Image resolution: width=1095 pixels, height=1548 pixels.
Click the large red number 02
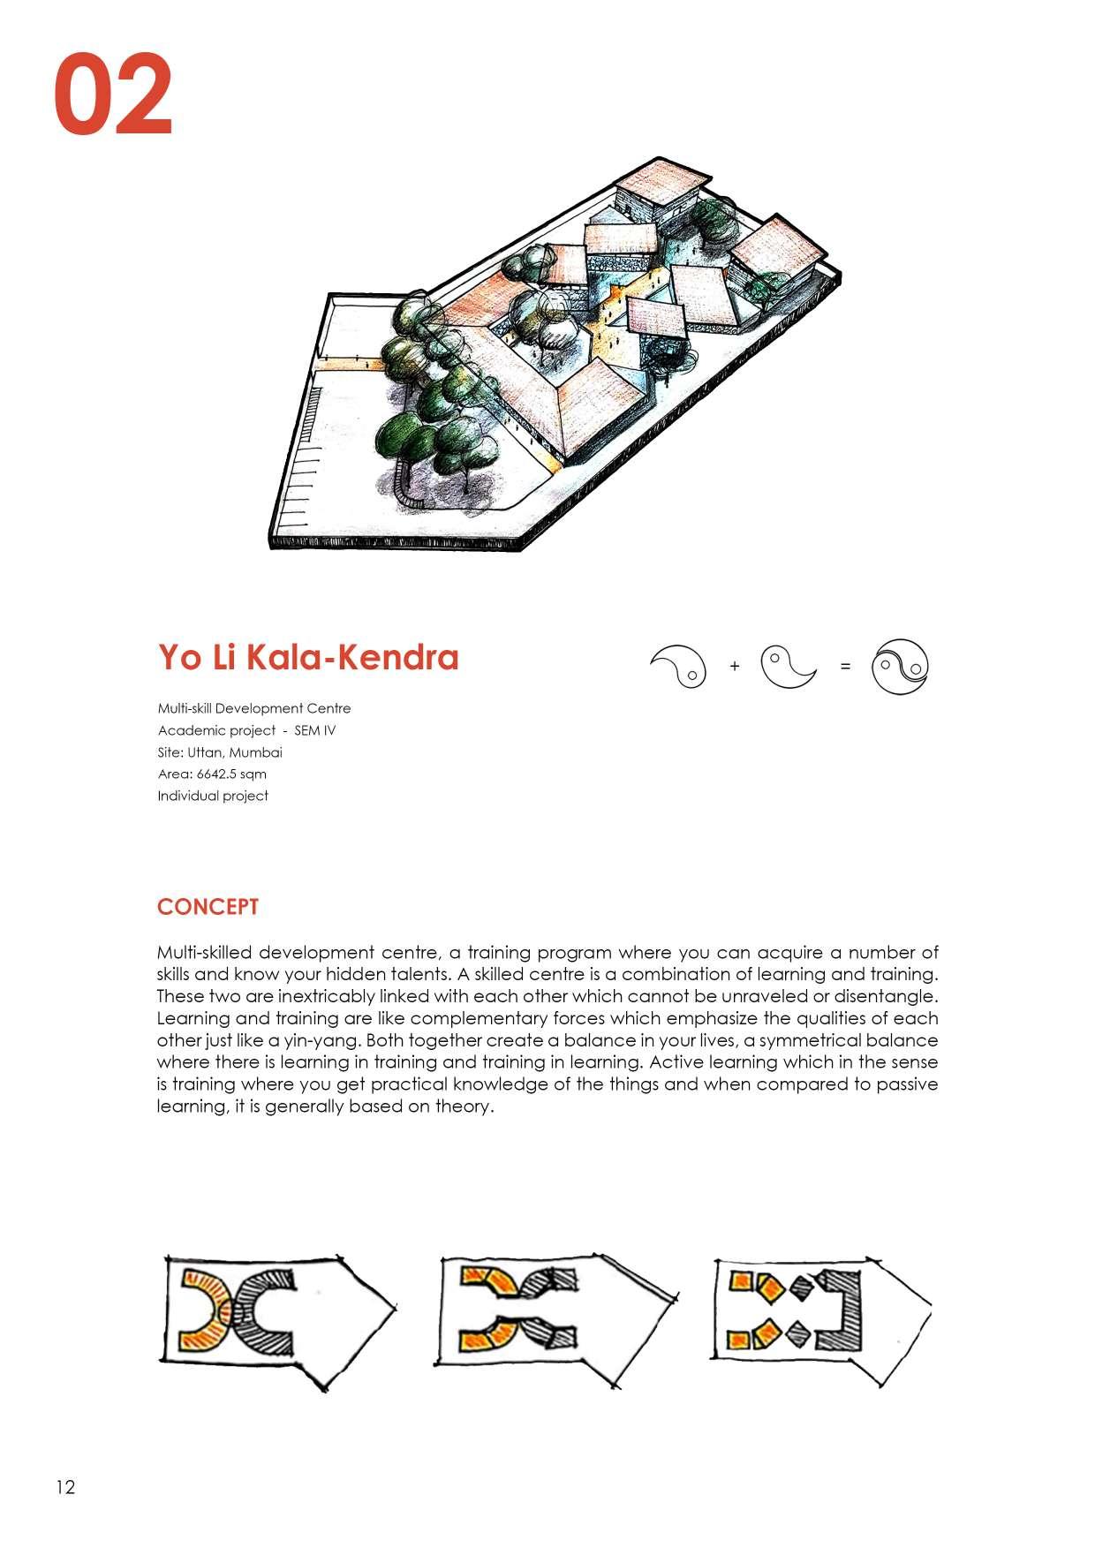tap(113, 95)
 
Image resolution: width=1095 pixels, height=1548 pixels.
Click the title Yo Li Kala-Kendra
tap(308, 658)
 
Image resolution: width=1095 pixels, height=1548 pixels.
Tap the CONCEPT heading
tap(208, 907)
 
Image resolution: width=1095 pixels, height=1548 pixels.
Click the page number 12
tap(65, 1487)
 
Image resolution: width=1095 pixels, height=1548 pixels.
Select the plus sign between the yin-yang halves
tap(735, 667)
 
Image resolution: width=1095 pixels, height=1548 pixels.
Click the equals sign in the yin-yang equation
tap(845, 667)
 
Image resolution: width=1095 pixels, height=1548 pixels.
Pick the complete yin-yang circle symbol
tap(900, 667)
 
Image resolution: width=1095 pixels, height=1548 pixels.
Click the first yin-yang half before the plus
tap(680, 666)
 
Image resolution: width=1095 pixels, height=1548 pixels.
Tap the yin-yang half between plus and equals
tap(788, 668)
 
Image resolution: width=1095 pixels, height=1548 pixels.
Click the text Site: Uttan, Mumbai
tap(220, 752)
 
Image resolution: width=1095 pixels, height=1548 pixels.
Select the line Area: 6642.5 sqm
tap(212, 774)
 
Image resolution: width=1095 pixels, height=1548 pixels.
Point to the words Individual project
tap(213, 796)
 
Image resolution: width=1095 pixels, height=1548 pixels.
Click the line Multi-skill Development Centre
tap(254, 708)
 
